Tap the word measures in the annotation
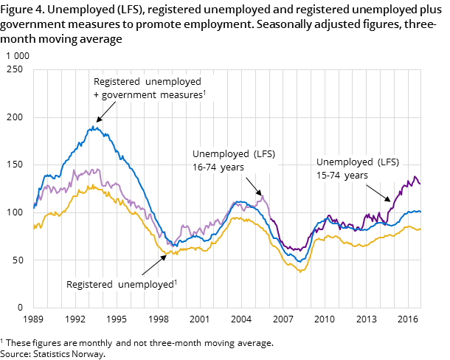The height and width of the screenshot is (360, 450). [x=181, y=95]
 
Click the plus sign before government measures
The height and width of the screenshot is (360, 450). [x=97, y=95]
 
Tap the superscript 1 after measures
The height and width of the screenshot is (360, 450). [x=204, y=92]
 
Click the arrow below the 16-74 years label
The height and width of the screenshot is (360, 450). [x=253, y=185]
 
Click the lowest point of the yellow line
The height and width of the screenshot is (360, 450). [x=300, y=271]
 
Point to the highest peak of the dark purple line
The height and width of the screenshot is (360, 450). [x=415, y=177]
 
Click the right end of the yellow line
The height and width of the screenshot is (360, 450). [x=420, y=229]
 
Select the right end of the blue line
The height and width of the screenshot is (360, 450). [x=420, y=211]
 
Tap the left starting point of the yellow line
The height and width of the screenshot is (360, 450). [x=34, y=227]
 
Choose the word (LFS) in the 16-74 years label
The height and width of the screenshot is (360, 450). [x=258, y=154]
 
